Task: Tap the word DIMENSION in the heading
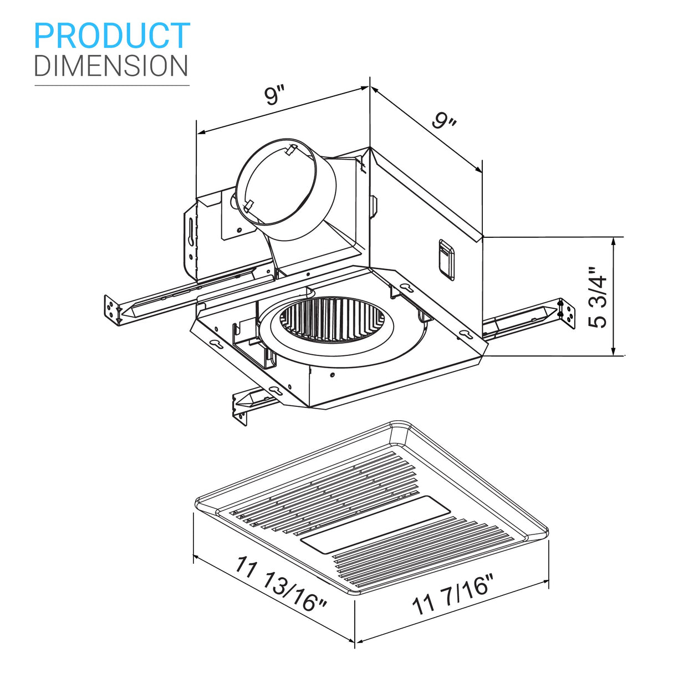[x=111, y=65]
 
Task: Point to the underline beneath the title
[x=111, y=85]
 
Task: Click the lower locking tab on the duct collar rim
[x=248, y=205]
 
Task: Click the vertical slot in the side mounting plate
[x=191, y=230]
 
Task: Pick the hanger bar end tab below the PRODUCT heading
[x=113, y=309]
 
